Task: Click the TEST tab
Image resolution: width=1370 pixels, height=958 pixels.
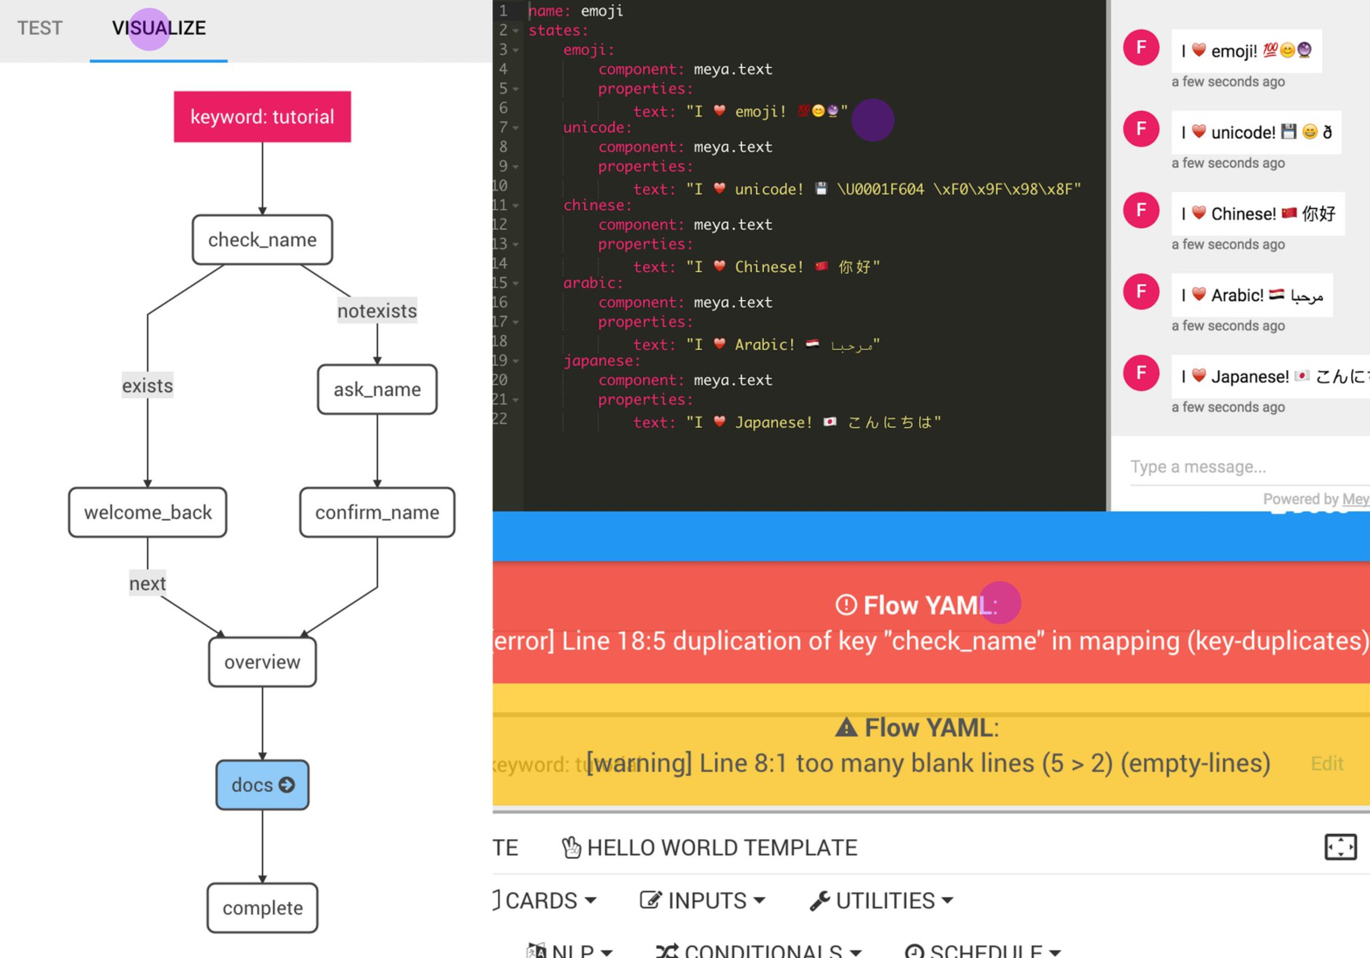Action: (40, 28)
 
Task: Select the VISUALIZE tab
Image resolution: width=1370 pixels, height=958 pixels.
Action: (159, 28)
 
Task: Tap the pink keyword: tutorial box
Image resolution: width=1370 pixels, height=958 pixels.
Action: (262, 117)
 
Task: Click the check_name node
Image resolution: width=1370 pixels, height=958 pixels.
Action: (262, 240)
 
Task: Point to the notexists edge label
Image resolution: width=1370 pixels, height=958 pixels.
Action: (377, 311)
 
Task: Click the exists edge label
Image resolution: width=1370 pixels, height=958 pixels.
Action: (147, 386)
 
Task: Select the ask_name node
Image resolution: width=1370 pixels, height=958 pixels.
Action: (377, 389)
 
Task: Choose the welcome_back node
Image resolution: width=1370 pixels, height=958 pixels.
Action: (147, 512)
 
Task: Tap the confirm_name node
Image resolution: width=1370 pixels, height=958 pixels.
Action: (377, 512)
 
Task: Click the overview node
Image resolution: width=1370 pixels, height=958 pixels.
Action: (262, 662)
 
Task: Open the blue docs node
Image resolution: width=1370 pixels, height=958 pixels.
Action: (262, 785)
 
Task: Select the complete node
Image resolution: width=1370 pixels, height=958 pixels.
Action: (262, 908)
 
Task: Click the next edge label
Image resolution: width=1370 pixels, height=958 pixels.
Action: (147, 583)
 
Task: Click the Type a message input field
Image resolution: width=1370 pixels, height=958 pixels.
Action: (1241, 467)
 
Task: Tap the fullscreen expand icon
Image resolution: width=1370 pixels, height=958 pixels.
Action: (1340, 847)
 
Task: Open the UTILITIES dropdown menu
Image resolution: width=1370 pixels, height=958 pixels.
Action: (881, 901)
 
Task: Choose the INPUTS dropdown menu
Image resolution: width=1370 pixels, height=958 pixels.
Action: (702, 901)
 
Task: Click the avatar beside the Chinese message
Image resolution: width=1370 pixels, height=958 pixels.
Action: (1141, 210)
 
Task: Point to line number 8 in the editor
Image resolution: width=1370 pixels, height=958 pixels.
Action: (504, 147)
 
